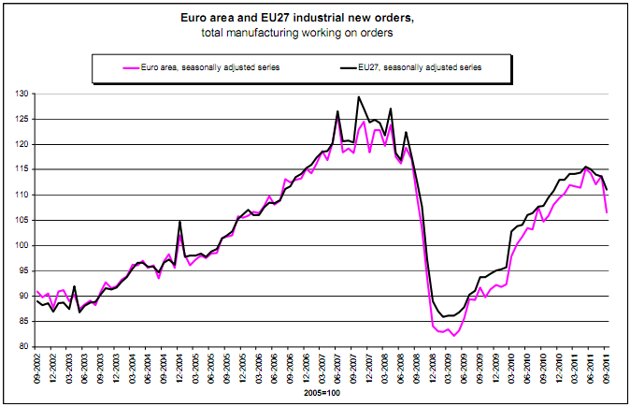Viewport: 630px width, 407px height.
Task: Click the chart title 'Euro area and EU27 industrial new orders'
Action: pos(314,17)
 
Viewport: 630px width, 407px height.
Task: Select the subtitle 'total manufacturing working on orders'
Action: pos(314,34)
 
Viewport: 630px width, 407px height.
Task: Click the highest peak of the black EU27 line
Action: pos(359,96)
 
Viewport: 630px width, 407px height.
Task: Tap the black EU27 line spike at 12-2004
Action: pos(179,222)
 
